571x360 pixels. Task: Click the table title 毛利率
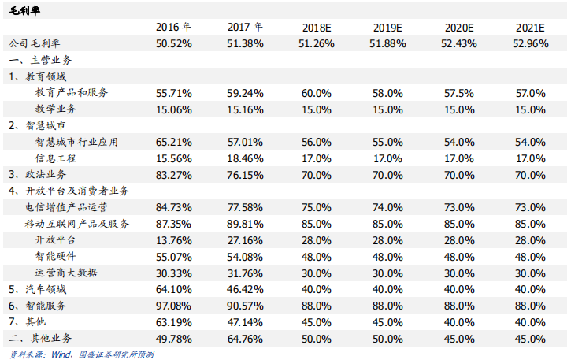[x=24, y=10]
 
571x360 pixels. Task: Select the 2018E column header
[x=317, y=28]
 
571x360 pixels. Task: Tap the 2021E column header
[x=530, y=28]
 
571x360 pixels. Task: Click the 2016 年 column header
[x=173, y=28]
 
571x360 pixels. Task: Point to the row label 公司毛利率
[x=35, y=44]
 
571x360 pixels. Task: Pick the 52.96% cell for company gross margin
[x=531, y=44]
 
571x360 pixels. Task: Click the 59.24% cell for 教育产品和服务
[x=245, y=93]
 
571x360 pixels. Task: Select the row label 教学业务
[x=56, y=109]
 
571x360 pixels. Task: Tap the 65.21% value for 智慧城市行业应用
[x=174, y=142]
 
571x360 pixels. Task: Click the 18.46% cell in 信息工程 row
[x=245, y=158]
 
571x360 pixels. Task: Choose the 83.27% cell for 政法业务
[x=174, y=175]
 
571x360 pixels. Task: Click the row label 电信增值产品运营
[x=66, y=207]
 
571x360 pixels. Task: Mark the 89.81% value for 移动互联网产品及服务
[x=245, y=224]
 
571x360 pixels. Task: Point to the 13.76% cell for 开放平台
[x=174, y=240]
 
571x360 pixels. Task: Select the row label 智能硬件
[x=56, y=256]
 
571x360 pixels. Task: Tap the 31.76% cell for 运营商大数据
[x=245, y=273]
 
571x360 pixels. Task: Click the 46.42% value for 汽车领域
[x=245, y=289]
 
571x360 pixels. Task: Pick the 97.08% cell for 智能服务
[x=174, y=306]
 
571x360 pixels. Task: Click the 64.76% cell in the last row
[x=245, y=339]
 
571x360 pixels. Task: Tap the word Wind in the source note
[x=61, y=354]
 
